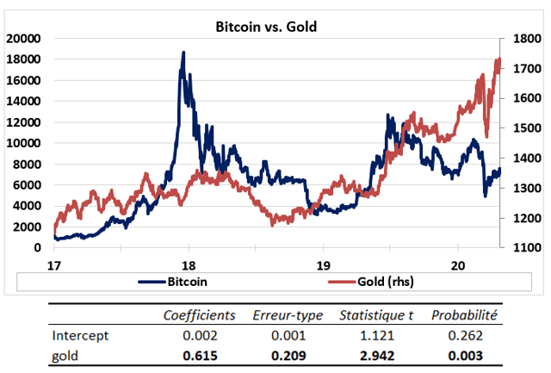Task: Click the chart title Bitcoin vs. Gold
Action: tap(266, 27)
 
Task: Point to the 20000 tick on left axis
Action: tap(24, 38)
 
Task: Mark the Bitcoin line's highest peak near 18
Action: tap(183, 53)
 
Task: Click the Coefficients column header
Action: tap(199, 316)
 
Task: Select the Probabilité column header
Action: tap(466, 316)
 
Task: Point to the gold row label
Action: tap(66, 355)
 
